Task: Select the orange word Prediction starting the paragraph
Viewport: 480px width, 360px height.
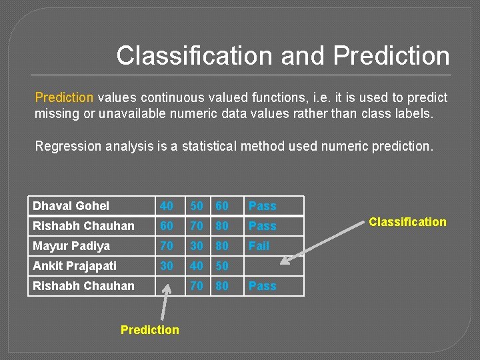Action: click(64, 97)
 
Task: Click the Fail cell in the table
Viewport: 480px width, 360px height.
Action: click(259, 246)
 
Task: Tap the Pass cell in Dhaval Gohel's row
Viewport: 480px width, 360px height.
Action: click(262, 206)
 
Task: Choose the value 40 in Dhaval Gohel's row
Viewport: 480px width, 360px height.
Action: click(167, 206)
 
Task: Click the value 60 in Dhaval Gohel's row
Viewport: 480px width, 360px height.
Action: click(222, 206)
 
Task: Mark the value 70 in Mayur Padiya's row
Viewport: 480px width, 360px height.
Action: click(167, 246)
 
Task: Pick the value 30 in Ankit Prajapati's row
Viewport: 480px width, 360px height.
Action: click(167, 266)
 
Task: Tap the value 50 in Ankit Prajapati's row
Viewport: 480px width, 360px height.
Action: click(222, 266)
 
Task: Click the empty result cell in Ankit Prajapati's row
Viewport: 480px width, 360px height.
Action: click(273, 266)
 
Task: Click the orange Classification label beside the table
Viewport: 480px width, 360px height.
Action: click(407, 222)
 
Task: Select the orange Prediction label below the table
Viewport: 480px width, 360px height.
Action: click(149, 329)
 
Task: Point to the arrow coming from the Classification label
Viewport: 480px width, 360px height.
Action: click(329, 240)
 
